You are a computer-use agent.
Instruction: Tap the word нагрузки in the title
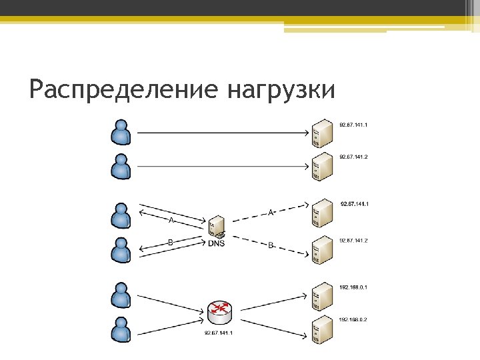point(281,89)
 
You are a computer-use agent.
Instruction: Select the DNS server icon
point(216,227)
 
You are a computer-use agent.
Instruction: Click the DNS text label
point(216,243)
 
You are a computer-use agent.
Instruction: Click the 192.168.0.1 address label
point(353,287)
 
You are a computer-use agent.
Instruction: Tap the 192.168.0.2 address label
point(353,319)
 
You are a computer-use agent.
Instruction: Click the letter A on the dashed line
point(271,213)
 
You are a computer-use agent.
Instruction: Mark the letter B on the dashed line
point(271,245)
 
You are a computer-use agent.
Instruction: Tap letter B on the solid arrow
point(171,243)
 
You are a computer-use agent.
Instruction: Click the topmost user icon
point(121,132)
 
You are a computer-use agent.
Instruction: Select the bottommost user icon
point(121,330)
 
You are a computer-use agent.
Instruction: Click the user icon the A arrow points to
point(121,215)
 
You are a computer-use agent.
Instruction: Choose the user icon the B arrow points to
point(121,251)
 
